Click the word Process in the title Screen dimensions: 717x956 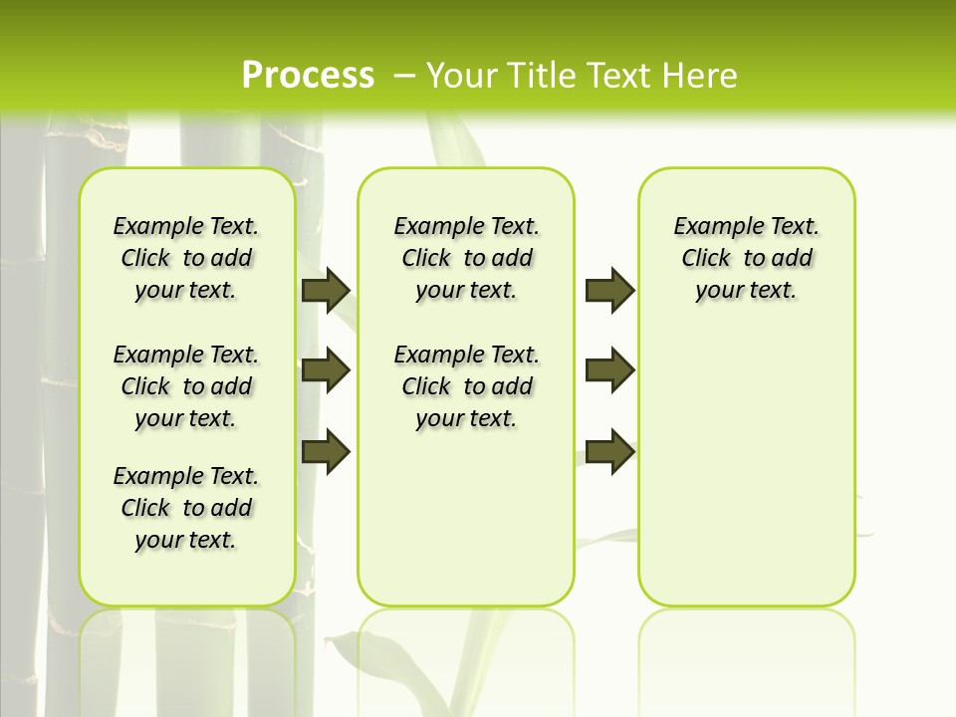[308, 76]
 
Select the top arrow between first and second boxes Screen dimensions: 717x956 [326, 290]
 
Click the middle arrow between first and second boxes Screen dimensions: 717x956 [326, 370]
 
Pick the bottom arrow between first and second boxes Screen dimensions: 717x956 [326, 451]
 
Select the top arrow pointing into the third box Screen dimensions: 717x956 [609, 290]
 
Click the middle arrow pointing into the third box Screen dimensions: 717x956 [609, 370]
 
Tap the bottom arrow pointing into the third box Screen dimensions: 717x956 [609, 451]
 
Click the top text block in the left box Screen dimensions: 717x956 [186, 258]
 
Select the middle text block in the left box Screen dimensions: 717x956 [186, 386]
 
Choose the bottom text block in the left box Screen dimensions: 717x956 [186, 508]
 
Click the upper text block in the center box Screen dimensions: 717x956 [466, 258]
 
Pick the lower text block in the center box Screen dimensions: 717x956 [466, 386]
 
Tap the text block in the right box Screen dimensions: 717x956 [746, 258]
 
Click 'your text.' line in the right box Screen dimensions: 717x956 [746, 291]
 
